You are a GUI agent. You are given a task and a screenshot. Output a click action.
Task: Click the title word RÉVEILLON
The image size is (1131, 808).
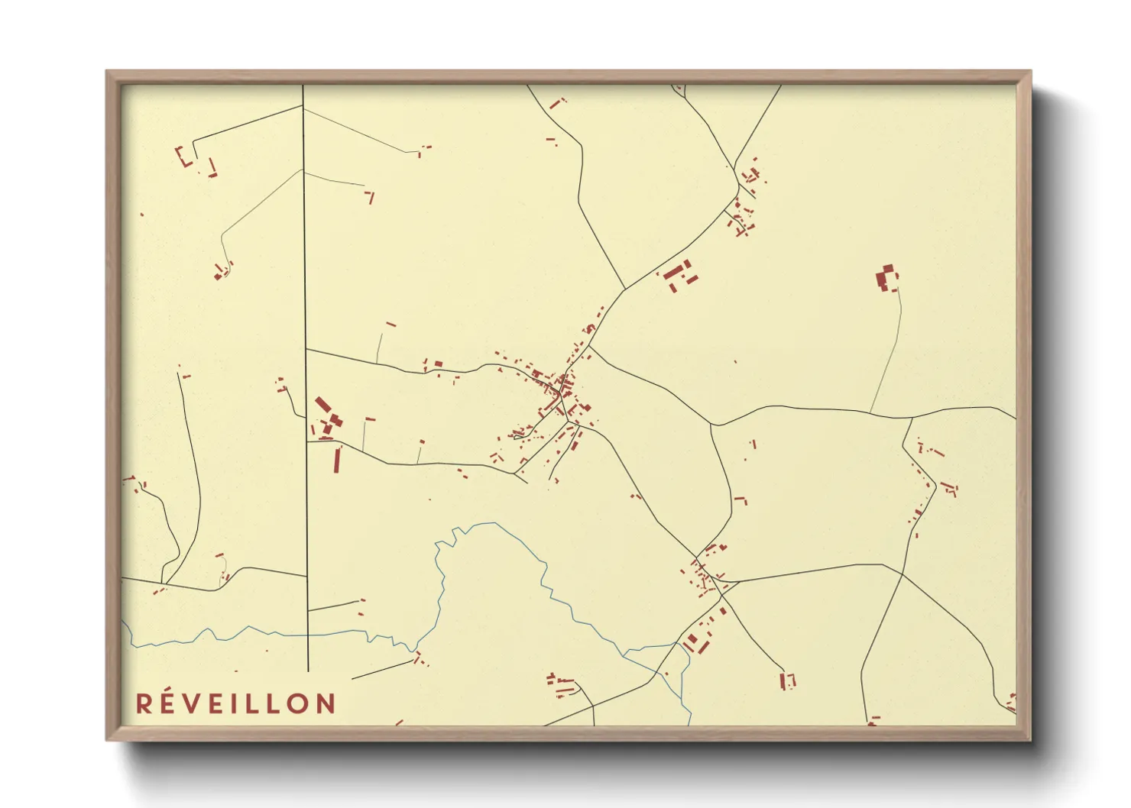235,703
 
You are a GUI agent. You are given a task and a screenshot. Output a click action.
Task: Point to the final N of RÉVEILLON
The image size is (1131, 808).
326,703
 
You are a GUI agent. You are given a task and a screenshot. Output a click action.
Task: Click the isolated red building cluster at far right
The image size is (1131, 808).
886,280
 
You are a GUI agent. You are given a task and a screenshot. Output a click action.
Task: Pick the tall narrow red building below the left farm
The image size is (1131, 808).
337,461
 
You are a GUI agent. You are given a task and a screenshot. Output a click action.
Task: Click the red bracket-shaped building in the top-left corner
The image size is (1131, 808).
183,157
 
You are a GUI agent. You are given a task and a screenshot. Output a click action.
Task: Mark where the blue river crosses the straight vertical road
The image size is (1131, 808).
307,634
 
